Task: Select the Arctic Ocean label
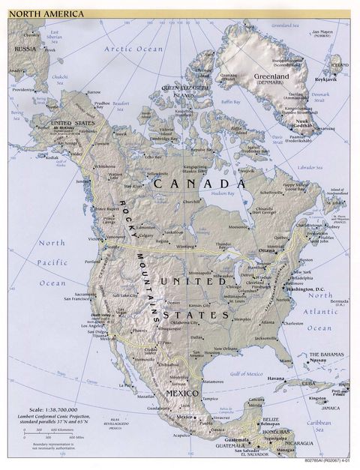tap(133, 49)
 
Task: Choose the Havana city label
tap(279, 379)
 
